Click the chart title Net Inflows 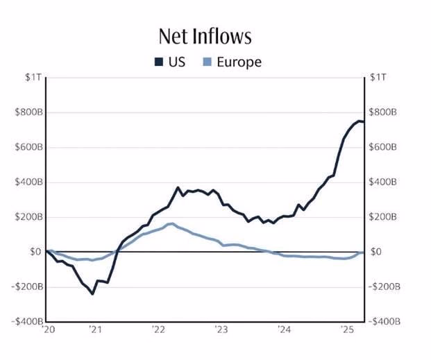(x=205, y=36)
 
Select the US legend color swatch (x=158, y=62)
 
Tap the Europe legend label (x=239, y=62)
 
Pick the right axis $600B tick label (x=384, y=147)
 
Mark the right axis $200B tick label (x=384, y=217)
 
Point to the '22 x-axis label (x=158, y=330)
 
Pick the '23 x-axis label (x=221, y=330)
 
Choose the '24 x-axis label (x=283, y=330)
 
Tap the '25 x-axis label (x=346, y=330)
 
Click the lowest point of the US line (x=92, y=293)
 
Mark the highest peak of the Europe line (x=171, y=223)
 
